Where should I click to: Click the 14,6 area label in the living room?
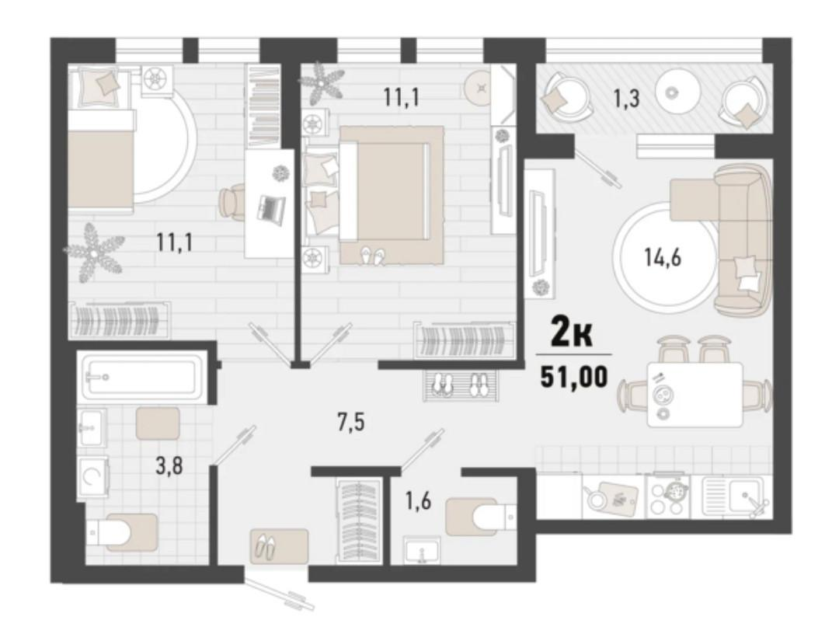click(x=663, y=258)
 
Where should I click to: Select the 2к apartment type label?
click(x=573, y=335)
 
